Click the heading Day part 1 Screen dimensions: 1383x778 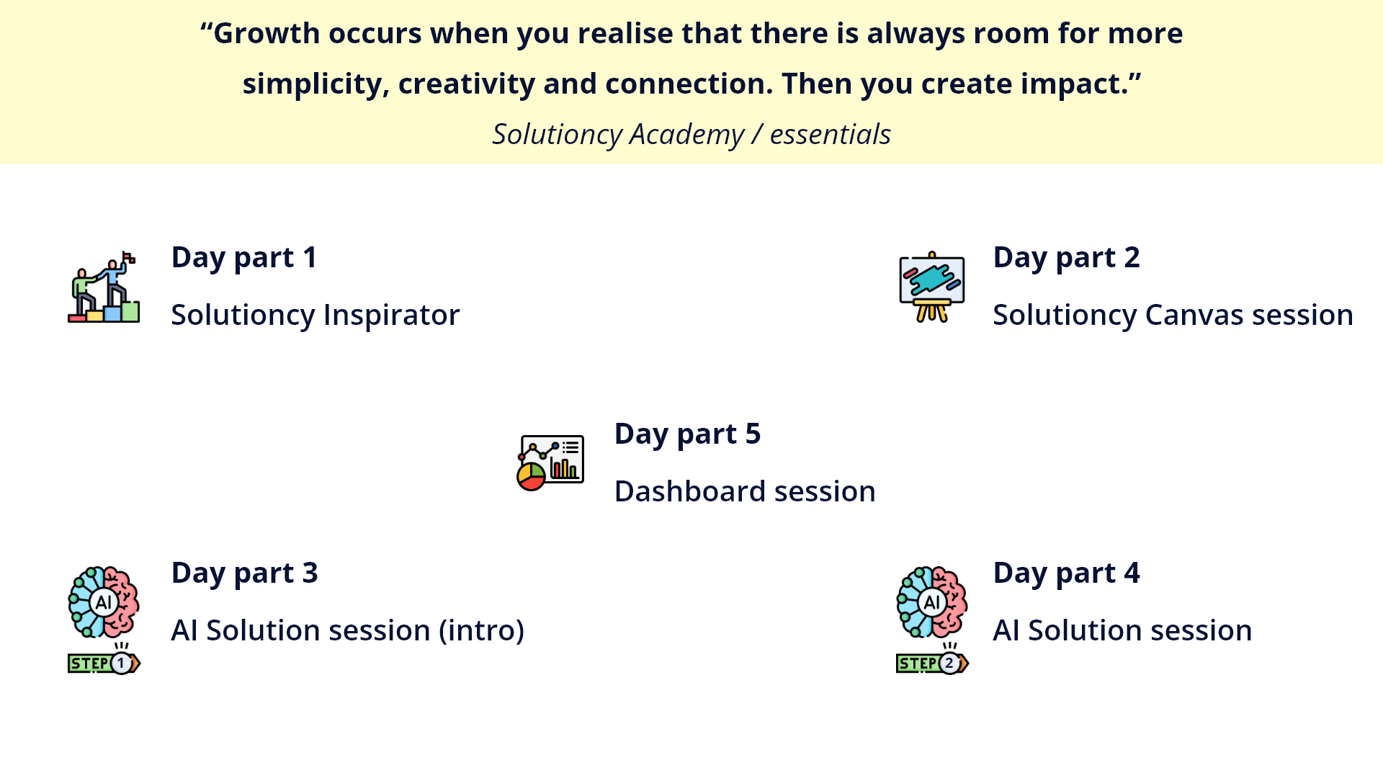pos(244,258)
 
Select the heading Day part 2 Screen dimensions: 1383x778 pos(1066,258)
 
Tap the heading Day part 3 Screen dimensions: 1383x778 pos(244,573)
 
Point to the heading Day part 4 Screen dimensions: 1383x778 pos(1066,573)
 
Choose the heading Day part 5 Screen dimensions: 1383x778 pos(687,434)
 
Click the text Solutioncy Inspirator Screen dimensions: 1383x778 pos(315,316)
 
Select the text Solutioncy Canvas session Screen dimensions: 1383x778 pos(1173,316)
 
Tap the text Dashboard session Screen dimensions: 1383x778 pos(745,491)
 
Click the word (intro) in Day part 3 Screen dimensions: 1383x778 pos(481,631)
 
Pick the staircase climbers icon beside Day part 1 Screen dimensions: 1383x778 pos(104,287)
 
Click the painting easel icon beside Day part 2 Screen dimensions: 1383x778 pos(932,287)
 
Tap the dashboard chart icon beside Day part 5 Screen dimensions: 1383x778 pos(551,462)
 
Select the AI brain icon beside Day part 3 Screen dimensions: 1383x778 pos(104,602)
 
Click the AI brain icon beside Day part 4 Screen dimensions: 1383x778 pos(932,602)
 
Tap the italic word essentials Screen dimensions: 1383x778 pos(831,135)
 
